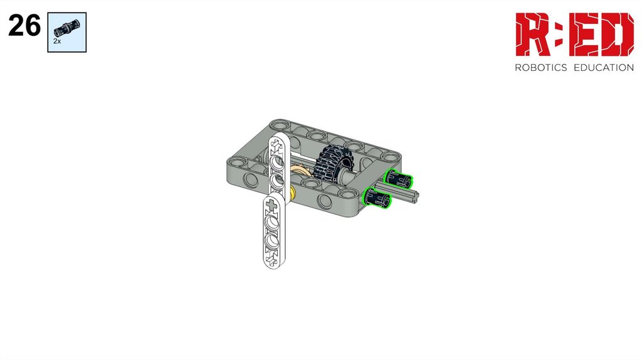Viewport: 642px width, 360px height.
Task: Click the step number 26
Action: coord(24,25)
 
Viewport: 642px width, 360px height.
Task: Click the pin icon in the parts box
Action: coord(66,28)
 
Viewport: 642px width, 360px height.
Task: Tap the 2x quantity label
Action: coord(57,41)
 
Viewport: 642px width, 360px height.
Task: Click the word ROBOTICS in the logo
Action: coord(540,68)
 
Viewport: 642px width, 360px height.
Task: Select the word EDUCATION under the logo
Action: coord(604,68)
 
